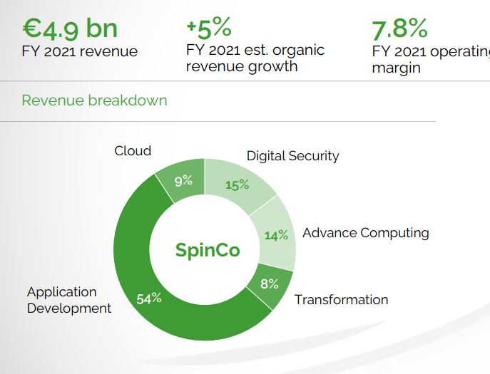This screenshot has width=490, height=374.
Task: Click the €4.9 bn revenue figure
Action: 70,28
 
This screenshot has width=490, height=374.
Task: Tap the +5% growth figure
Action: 209,28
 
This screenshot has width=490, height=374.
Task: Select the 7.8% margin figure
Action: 399,28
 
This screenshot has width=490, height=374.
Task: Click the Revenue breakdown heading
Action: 94,100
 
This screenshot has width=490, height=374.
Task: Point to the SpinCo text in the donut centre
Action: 208,250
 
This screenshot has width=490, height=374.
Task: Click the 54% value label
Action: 149,298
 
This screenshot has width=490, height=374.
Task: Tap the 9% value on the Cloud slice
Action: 183,181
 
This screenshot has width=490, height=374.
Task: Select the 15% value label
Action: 238,185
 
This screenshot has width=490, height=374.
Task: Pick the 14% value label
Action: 276,235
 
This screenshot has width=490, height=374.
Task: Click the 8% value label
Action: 270,284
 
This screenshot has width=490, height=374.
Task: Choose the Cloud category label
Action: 133,151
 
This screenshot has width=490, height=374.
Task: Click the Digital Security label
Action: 293,156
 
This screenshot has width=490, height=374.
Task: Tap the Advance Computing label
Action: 366,233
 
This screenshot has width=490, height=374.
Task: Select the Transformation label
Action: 342,300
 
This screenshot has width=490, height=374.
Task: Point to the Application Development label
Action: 69,300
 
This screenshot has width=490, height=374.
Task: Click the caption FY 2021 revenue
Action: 79,51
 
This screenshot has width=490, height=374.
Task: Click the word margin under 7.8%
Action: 397,68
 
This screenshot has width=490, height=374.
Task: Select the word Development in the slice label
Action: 69,308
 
